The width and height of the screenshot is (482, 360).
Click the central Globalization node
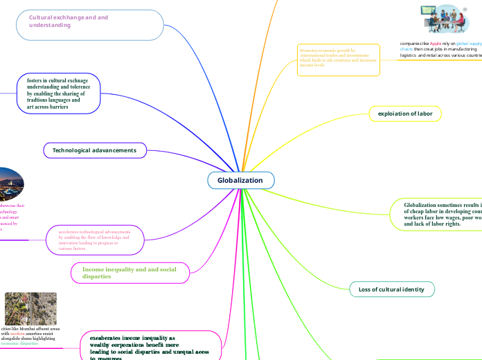(x=240, y=181)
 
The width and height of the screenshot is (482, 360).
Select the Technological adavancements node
(x=95, y=150)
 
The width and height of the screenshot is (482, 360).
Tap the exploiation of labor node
(x=405, y=113)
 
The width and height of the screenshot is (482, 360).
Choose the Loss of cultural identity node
(x=391, y=289)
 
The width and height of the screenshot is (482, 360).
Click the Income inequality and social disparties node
(x=130, y=273)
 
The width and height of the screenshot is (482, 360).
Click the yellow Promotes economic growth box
(x=338, y=60)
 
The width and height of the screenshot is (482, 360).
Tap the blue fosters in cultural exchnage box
(x=59, y=93)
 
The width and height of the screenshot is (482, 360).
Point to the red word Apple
(x=436, y=43)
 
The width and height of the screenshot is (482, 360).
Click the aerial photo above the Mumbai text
(x=30, y=308)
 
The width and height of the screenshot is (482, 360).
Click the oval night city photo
(x=11, y=183)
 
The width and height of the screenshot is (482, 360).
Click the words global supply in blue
(x=469, y=43)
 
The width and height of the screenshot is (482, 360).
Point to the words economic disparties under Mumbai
(x=19, y=343)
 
